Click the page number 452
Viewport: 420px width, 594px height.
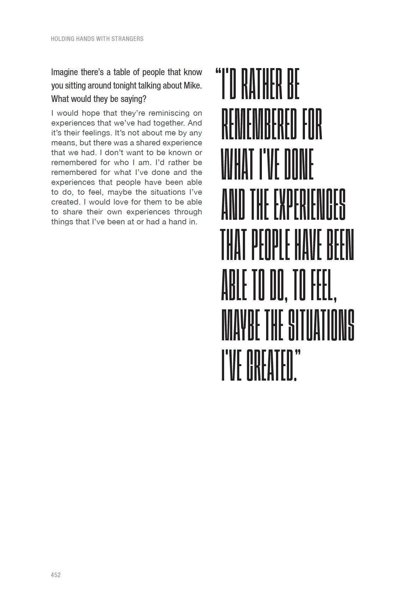pos(56,575)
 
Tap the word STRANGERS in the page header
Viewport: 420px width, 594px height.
pos(127,39)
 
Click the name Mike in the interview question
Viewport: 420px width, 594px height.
pos(192,86)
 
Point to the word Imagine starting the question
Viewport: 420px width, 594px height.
pos(65,73)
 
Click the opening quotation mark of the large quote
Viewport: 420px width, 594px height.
pos(217,73)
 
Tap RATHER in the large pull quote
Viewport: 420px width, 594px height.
pos(261,86)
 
